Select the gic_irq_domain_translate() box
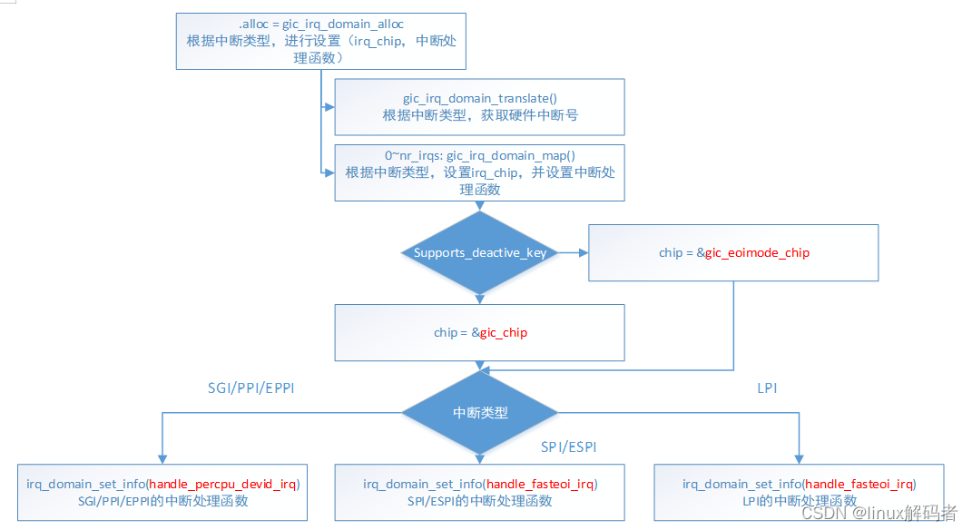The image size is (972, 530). pos(479,106)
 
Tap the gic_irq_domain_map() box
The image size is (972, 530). pos(479,172)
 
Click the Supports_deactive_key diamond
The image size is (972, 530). pos(479,252)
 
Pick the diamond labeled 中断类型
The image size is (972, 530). pos(479,412)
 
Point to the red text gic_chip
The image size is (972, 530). pos(504,332)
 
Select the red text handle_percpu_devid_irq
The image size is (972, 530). pos(223,484)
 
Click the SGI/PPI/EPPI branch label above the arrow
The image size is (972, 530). pos(251,388)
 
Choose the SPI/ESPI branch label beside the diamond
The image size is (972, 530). pos(568,447)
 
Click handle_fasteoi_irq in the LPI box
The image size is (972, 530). pos(860,484)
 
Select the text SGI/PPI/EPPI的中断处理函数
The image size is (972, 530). pos(162,500)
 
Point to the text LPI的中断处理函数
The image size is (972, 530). pos(799,500)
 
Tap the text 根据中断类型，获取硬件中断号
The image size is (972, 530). pos(479,115)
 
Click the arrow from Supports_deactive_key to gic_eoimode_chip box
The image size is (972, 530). pos(572,252)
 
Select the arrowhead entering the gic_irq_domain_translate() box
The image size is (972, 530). pos(329,106)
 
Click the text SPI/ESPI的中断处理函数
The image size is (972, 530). pos(479,500)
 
